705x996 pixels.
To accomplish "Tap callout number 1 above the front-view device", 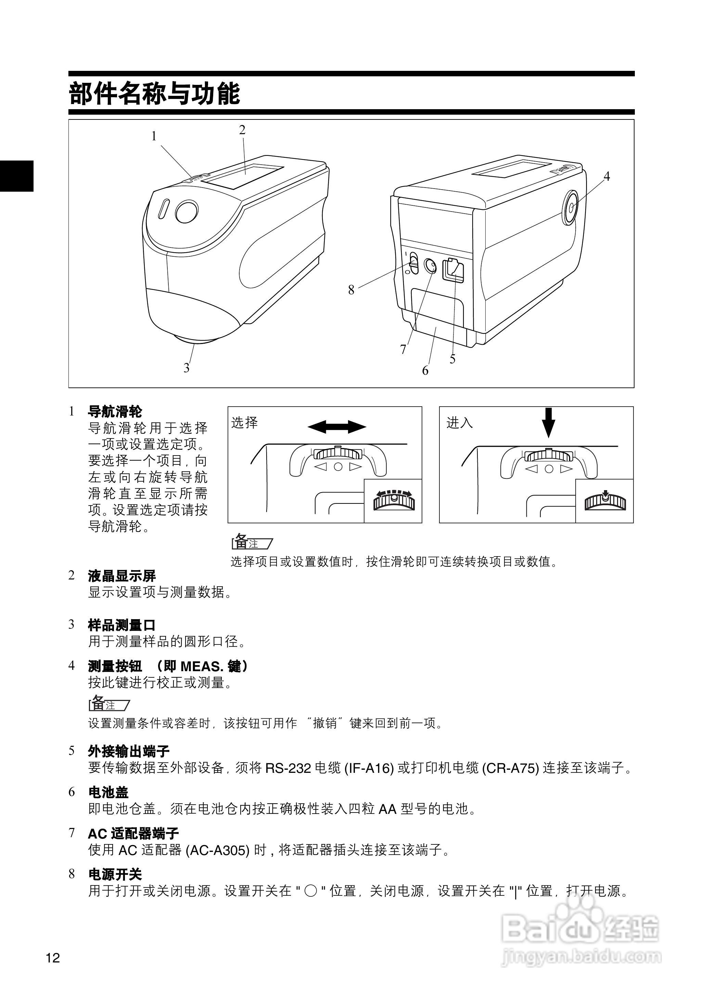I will pyautogui.click(x=154, y=136).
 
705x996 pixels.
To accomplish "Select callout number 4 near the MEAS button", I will pyautogui.click(x=606, y=176).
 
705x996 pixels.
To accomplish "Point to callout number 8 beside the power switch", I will pyautogui.click(x=351, y=290).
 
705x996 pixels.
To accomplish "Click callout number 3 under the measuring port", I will pyautogui.click(x=187, y=368).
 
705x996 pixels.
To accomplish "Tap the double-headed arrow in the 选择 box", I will pyautogui.click(x=337, y=427).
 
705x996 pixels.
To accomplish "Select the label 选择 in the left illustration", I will pyautogui.click(x=244, y=422).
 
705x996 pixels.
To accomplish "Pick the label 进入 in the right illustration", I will pyautogui.click(x=459, y=422).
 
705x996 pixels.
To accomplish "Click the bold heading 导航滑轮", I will pyautogui.click(x=115, y=411).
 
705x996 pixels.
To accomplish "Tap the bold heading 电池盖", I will pyautogui.click(x=108, y=792).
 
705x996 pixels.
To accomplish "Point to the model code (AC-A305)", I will pyautogui.click(x=217, y=850).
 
